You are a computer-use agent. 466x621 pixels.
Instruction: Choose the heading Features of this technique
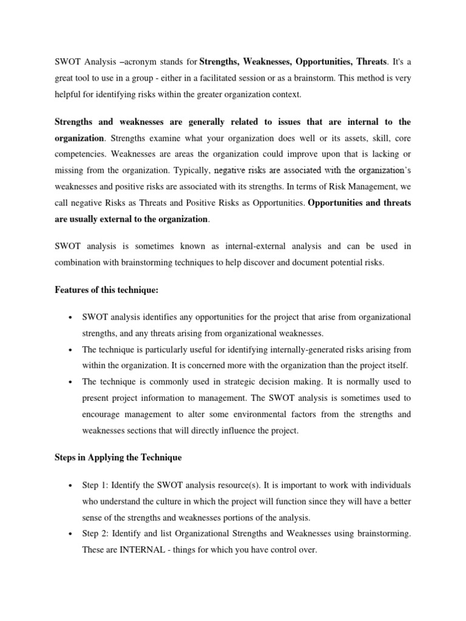tap(106, 290)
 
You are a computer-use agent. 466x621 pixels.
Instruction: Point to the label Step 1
tap(96, 485)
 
